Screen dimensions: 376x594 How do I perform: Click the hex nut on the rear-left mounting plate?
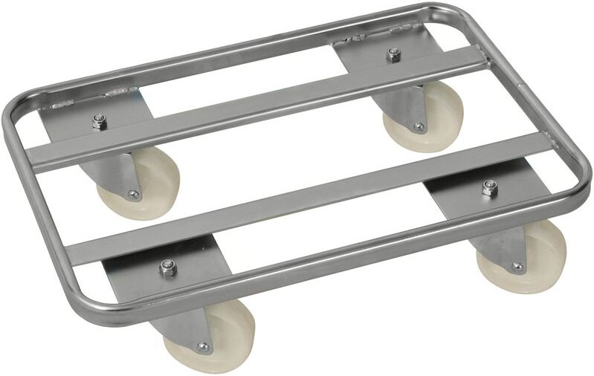point(99,121)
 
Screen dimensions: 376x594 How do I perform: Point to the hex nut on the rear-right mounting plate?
point(394,54)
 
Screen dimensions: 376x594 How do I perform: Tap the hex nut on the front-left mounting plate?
point(167,266)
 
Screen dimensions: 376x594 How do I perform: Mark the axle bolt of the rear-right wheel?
point(419,127)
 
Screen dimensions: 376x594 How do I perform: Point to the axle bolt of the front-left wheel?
point(202,347)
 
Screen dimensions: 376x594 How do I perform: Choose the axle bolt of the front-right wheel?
point(516,268)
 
